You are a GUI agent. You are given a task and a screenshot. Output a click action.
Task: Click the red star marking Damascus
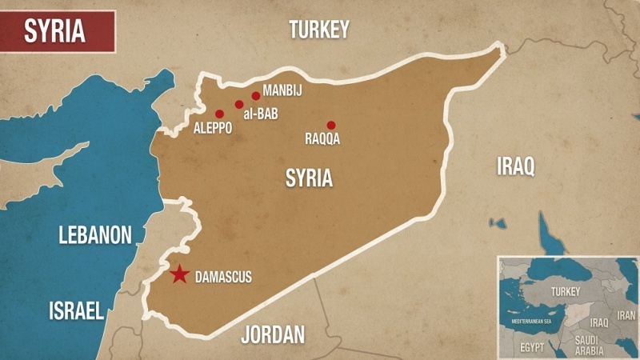pyautogui.click(x=179, y=274)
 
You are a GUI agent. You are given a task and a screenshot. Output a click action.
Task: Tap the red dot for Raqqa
pyautogui.click(x=331, y=125)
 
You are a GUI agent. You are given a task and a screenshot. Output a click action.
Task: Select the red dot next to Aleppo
pyautogui.click(x=219, y=114)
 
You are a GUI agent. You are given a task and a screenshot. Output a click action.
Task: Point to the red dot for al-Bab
pyautogui.click(x=239, y=104)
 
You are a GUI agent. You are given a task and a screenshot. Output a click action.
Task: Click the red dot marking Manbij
pyautogui.click(x=256, y=96)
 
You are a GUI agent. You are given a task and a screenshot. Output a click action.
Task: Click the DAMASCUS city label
pyautogui.click(x=223, y=278)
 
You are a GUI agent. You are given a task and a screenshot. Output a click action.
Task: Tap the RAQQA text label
pyautogui.click(x=322, y=139)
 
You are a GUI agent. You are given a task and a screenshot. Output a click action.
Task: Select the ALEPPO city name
pyautogui.click(x=213, y=128)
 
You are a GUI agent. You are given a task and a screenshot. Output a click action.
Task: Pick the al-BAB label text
pyautogui.click(x=260, y=115)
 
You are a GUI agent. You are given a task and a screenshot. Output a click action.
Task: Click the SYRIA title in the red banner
pyautogui.click(x=55, y=30)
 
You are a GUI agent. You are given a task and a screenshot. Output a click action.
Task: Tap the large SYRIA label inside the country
pyautogui.click(x=309, y=178)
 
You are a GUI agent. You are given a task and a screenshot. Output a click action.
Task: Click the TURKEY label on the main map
pyautogui.click(x=319, y=30)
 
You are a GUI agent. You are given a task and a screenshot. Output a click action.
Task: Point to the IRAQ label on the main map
pyautogui.click(x=515, y=166)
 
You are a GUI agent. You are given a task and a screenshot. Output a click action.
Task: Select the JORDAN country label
pyautogui.click(x=273, y=334)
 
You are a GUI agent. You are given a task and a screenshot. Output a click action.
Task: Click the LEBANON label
pyautogui.click(x=94, y=234)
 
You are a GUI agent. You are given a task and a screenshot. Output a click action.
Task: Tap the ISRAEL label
pyautogui.click(x=76, y=311)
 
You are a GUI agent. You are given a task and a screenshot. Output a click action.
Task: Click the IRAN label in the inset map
pyautogui.click(x=626, y=316)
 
